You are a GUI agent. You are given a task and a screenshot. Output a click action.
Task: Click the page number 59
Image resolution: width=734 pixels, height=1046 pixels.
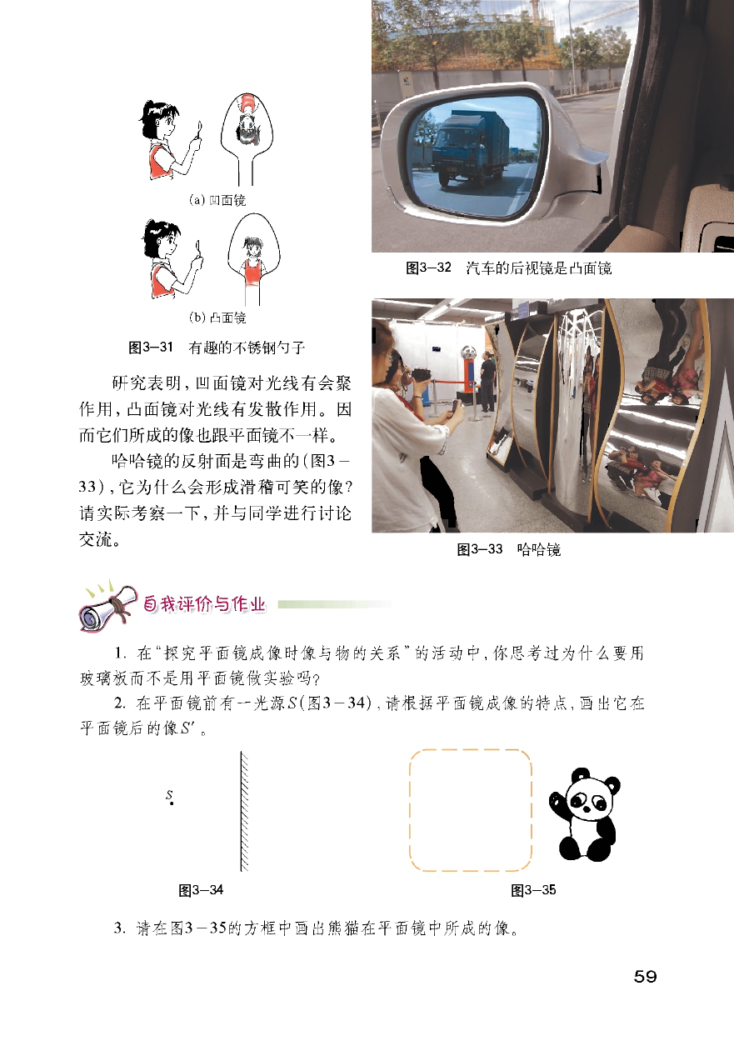[645, 977]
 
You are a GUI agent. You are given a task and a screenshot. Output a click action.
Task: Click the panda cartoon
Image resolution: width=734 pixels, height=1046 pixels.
[585, 814]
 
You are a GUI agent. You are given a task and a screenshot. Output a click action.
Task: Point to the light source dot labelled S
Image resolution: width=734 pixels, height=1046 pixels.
[172, 803]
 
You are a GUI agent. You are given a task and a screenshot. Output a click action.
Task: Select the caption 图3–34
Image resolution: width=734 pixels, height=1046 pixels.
[201, 890]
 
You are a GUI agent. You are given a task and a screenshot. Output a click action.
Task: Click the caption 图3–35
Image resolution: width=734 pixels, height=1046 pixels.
[533, 890]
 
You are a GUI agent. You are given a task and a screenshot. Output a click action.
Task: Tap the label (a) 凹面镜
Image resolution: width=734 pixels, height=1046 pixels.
[217, 200]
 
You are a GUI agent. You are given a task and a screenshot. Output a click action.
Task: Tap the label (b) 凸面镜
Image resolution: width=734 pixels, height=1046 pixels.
[217, 318]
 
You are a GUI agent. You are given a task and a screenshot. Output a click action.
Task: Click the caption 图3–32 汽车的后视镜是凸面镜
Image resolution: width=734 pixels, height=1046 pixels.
[508, 268]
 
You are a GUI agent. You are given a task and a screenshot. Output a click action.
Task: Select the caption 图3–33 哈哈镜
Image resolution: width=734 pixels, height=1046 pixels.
[508, 549]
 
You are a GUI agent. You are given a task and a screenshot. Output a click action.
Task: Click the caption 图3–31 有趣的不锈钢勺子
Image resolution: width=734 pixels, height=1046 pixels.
[217, 348]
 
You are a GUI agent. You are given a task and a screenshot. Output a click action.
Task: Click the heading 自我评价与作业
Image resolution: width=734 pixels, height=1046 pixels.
[204, 604]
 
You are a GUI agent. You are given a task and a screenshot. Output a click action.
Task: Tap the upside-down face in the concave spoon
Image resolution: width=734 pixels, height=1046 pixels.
[247, 123]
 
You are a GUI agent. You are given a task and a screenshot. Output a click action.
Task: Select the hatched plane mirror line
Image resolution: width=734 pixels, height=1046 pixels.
[244, 811]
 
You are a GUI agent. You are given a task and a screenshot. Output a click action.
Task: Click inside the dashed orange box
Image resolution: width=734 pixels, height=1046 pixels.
[470, 811]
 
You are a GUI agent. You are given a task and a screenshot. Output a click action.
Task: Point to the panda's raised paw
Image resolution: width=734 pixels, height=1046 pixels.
[557, 803]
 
